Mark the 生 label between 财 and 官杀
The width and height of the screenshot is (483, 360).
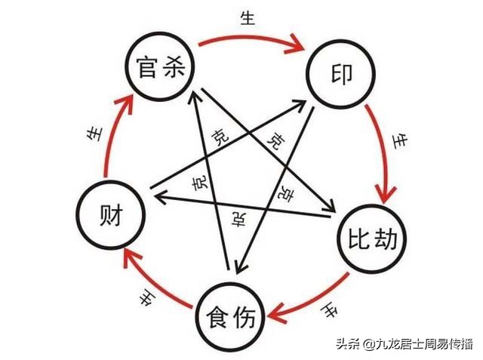point(93,134)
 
